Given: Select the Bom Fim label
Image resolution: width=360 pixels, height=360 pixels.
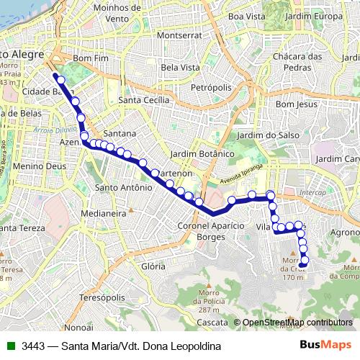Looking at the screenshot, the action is (90, 58).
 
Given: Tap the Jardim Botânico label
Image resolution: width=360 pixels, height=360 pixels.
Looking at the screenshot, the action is (203, 153).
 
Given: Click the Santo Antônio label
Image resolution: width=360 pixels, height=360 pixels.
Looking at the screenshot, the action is (123, 187).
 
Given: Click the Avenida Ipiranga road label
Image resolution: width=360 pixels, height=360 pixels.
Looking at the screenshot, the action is (235, 173).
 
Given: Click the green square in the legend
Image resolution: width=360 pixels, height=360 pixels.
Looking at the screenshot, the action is (12, 346).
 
